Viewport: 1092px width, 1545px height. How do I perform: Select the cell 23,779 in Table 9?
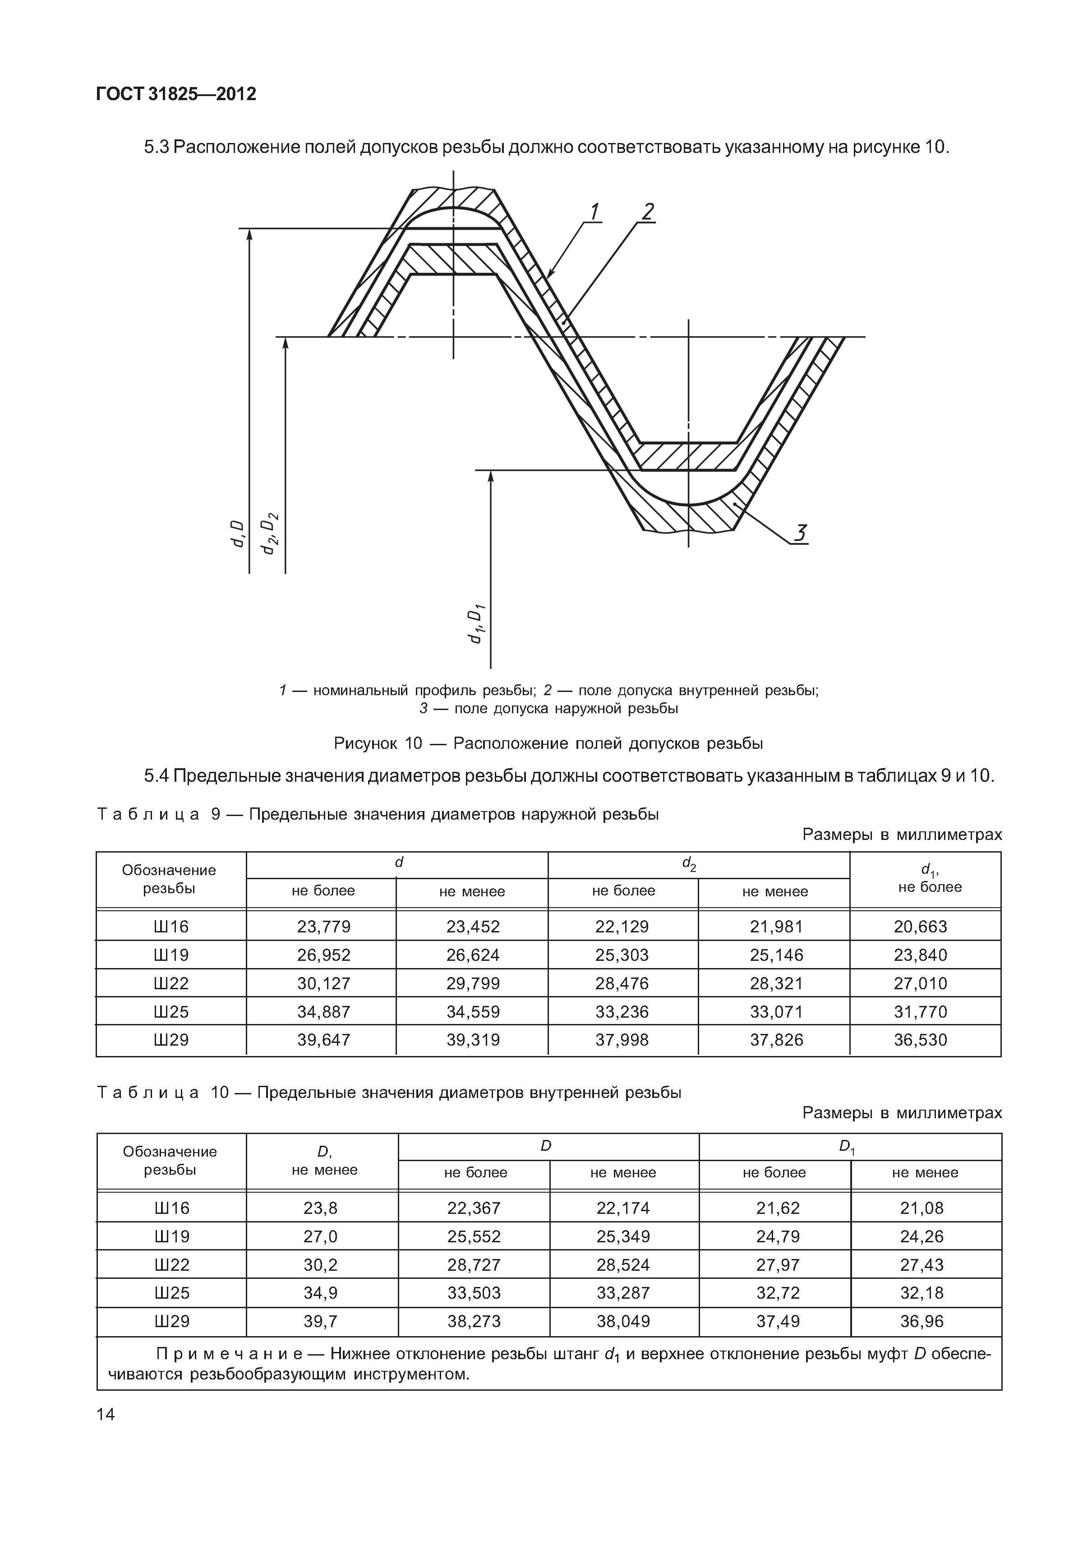click(x=323, y=927)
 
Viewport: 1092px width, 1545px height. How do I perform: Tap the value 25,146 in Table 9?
click(x=776, y=955)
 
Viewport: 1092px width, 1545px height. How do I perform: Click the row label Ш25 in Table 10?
click(x=171, y=1293)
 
